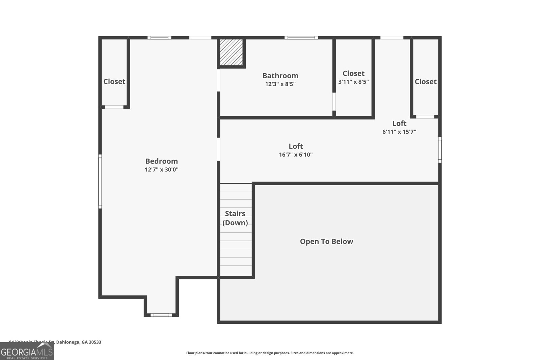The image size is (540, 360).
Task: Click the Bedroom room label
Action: tap(161, 161)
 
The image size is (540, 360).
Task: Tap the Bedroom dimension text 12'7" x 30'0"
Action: tap(161, 169)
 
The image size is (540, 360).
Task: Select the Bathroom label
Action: tap(280, 76)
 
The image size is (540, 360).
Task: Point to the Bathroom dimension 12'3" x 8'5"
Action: tap(280, 84)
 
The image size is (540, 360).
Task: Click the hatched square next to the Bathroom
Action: tap(231, 52)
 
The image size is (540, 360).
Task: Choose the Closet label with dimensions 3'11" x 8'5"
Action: tap(353, 73)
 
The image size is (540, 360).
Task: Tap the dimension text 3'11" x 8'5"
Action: tap(353, 82)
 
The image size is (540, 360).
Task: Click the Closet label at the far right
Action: tap(425, 81)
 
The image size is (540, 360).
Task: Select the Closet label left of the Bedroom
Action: tap(114, 81)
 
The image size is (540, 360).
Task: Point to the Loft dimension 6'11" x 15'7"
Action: tap(399, 132)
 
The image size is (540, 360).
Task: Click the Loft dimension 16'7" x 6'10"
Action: tap(296, 155)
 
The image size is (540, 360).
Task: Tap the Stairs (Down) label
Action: tap(235, 218)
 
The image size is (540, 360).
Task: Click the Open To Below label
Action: tap(326, 241)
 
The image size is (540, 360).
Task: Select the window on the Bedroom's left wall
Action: tap(100, 181)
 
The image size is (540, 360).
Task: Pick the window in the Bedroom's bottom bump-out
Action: tap(161, 315)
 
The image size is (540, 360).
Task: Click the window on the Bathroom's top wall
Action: tap(301, 37)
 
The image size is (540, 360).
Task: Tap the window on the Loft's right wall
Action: tap(439, 149)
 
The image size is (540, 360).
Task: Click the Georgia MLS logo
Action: tap(27, 351)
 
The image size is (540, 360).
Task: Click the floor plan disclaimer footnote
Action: tap(270, 353)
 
